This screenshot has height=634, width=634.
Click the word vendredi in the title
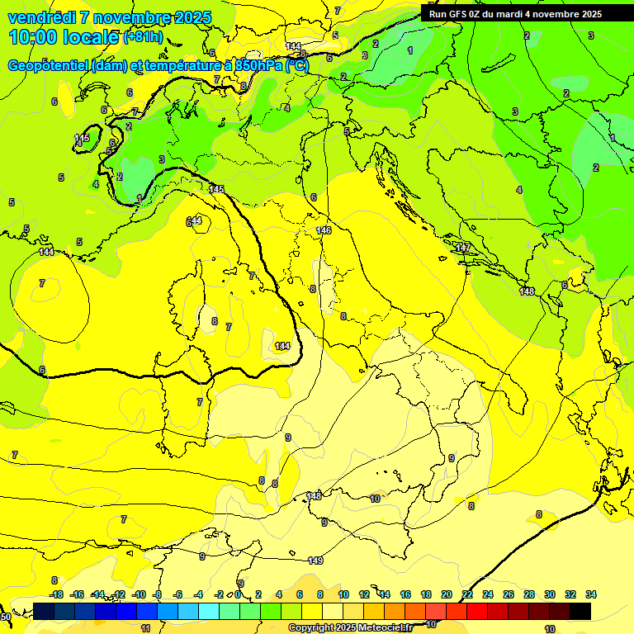click(x=41, y=17)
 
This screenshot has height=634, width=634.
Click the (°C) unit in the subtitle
click(x=297, y=65)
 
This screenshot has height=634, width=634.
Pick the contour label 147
click(x=463, y=248)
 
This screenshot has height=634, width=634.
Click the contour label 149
click(x=315, y=561)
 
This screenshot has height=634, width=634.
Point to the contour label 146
click(x=324, y=229)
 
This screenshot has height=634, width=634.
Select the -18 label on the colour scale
click(x=56, y=594)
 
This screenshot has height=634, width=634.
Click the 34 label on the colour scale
click(x=591, y=594)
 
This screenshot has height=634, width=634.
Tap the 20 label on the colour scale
click(x=447, y=594)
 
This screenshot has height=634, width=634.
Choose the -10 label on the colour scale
click(x=139, y=594)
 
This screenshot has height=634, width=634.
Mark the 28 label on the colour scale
click(x=529, y=594)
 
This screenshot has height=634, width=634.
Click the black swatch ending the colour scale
click(x=580, y=611)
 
